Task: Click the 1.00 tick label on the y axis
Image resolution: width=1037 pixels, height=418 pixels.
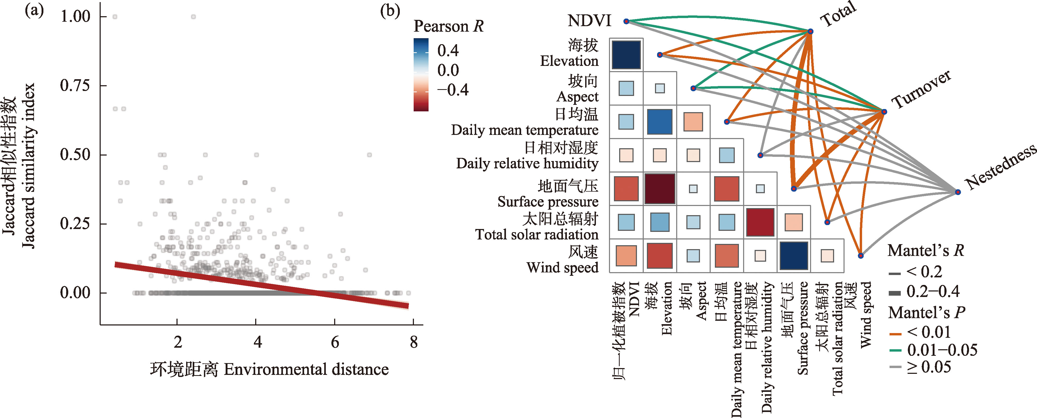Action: tap(75, 16)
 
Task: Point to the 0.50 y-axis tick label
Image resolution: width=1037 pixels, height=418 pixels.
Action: tap(75, 154)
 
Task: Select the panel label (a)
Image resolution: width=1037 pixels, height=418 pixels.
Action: tap(34, 10)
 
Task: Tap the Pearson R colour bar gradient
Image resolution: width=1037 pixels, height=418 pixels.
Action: tap(421, 75)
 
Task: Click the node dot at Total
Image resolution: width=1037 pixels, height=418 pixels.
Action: tap(810, 31)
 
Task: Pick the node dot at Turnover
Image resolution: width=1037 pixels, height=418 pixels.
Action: tap(884, 111)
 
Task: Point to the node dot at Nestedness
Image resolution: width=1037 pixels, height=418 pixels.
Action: tap(958, 192)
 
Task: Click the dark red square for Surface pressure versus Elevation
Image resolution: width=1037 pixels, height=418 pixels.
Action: tap(660, 189)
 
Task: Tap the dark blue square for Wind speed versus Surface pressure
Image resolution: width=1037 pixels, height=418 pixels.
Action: tap(794, 255)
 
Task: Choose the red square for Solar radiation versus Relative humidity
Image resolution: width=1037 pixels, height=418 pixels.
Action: tap(760, 222)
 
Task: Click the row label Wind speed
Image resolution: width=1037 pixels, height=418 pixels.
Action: tap(562, 267)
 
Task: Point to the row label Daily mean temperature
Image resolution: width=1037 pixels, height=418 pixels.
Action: tap(525, 130)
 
